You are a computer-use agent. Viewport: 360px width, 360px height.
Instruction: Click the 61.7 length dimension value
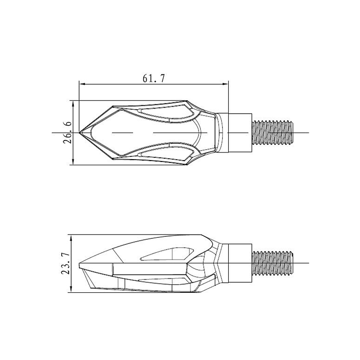tap(153, 79)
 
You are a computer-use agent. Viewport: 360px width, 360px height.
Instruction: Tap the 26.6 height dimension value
tap(67, 133)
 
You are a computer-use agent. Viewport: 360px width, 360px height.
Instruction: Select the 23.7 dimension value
tap(65, 263)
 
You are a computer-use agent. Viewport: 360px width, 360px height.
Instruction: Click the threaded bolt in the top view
tap(273, 133)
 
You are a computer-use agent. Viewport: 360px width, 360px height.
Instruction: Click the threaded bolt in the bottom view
tap(273, 263)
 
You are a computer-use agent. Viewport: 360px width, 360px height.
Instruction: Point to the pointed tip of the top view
tap(79, 133)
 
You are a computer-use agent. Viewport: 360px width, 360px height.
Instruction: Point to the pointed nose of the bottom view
tap(79, 263)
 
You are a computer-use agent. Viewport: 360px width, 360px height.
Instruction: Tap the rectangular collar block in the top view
tap(240, 133)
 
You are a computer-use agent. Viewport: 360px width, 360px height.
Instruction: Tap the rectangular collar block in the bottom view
tap(240, 263)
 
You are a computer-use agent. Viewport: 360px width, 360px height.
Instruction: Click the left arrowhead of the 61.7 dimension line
tap(82, 84)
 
